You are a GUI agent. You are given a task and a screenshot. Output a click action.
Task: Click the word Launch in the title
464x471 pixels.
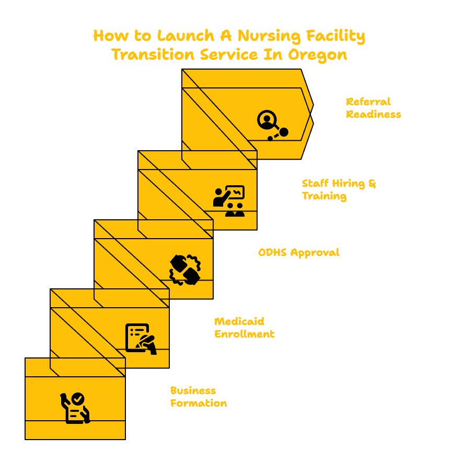click(x=185, y=36)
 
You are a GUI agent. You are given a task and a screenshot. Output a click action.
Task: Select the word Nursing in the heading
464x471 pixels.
click(x=269, y=37)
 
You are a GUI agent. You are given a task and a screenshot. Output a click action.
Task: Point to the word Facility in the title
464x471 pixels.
click(x=335, y=37)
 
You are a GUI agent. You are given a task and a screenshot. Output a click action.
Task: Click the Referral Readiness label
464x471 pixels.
click(x=374, y=108)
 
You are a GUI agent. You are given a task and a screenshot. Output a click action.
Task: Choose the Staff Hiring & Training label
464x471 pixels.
click(x=339, y=189)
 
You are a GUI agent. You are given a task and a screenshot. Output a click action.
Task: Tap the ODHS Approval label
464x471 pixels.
click(x=299, y=253)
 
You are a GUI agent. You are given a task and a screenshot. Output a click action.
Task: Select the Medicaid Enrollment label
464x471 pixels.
click(x=245, y=328)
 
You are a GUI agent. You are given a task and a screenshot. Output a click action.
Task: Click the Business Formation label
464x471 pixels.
click(x=199, y=397)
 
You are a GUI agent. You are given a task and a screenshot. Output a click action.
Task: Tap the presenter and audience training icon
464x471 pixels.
click(x=229, y=200)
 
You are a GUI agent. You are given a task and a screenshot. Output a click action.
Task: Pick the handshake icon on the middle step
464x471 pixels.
click(x=185, y=270)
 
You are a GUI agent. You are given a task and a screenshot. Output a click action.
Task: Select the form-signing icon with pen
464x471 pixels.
click(x=141, y=339)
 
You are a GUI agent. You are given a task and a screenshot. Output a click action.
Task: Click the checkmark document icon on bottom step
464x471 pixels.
click(x=75, y=408)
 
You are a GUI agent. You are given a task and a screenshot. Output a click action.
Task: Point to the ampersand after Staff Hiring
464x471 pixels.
click(x=372, y=184)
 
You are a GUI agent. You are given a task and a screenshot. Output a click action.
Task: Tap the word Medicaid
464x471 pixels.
click(x=239, y=322)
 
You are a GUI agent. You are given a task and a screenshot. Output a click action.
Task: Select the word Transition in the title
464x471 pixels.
click(x=153, y=54)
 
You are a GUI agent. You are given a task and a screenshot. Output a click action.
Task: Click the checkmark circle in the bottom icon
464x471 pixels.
click(x=78, y=399)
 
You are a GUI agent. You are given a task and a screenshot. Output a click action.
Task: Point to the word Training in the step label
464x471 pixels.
click(x=324, y=196)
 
